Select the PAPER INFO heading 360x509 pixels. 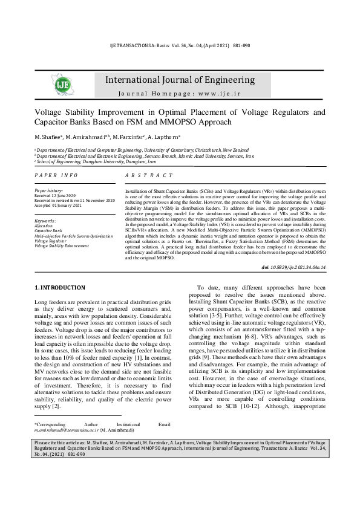tap(56, 175)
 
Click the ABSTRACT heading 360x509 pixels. tap(149, 175)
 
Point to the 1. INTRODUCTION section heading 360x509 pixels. tap(60, 288)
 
